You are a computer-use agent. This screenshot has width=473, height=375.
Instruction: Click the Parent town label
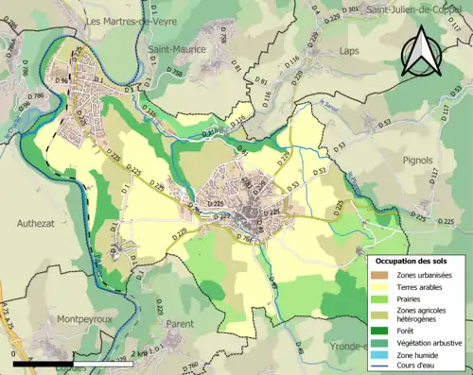coord(180,323)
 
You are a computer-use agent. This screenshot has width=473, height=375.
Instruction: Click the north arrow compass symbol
coord(423,51)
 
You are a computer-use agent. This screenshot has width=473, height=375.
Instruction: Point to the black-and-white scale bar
coord(71,362)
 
